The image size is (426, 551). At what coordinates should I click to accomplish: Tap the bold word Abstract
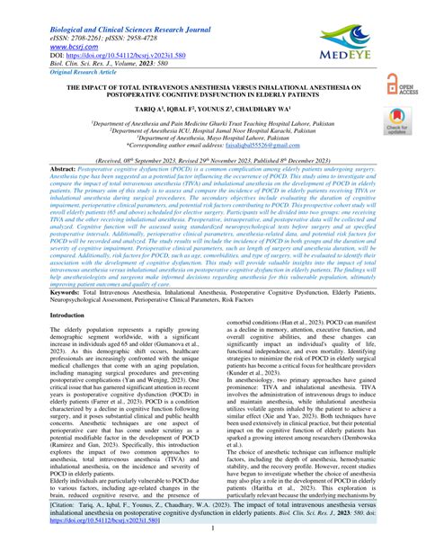[x=64, y=168]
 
